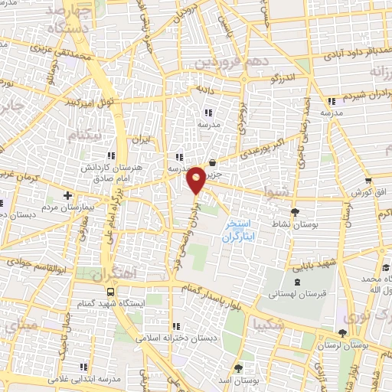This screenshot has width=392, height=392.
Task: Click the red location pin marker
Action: pyautogui.click(x=196, y=180)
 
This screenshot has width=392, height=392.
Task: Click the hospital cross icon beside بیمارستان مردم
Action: pyautogui.click(x=68, y=196)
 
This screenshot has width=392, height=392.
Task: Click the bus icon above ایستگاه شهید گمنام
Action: pyautogui.click(x=111, y=291)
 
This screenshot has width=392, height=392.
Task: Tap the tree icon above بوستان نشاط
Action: pyautogui.click(x=296, y=212)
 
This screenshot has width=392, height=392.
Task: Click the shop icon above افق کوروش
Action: pyautogui.click(x=369, y=181)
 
